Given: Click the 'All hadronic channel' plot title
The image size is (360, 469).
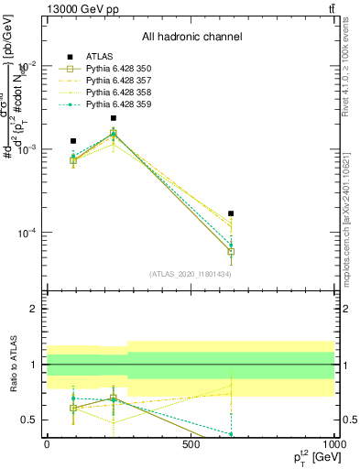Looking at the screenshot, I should [x=191, y=38].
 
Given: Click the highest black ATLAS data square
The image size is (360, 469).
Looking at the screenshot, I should [x=114, y=118].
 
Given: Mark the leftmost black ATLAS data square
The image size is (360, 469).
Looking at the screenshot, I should [x=73, y=141].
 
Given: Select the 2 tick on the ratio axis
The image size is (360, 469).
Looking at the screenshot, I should [x=33, y=309].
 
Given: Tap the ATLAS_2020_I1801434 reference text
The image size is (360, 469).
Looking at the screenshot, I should [x=191, y=274].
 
